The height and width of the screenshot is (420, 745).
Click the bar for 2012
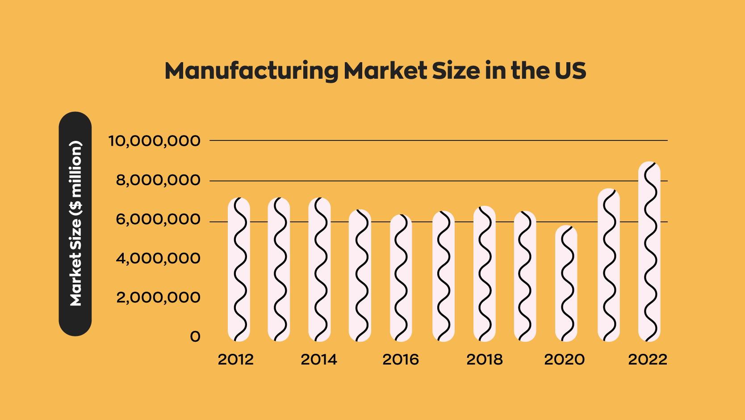click(x=239, y=269)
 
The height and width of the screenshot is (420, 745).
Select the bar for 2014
click(x=319, y=269)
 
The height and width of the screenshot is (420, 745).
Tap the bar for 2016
click(x=401, y=278)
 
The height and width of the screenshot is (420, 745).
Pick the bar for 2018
click(x=485, y=274)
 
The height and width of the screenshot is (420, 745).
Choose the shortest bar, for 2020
click(x=566, y=284)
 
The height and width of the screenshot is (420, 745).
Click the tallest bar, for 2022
click(x=649, y=251)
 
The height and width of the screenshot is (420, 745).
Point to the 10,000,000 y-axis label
click(x=155, y=141)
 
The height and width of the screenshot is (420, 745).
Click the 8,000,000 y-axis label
click(x=158, y=180)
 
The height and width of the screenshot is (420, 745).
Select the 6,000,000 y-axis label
click(x=158, y=220)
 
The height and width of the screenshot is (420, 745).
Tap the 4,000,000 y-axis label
click(x=158, y=259)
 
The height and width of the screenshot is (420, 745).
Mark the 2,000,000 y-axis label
click(x=158, y=297)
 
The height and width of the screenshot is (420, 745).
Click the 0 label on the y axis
click(x=195, y=337)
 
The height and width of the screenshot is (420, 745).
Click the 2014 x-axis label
click(x=319, y=360)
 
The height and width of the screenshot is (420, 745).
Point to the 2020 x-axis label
click(x=565, y=360)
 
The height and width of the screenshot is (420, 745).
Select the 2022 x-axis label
click(x=648, y=360)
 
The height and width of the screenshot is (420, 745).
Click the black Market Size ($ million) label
click(x=75, y=224)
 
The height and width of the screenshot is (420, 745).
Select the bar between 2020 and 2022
click(x=609, y=265)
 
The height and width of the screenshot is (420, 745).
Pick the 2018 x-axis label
click(x=485, y=360)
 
